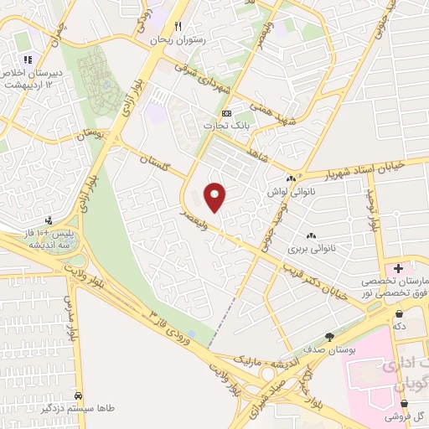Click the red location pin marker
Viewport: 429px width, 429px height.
point(216,197)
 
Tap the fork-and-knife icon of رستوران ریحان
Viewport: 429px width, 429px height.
point(177,27)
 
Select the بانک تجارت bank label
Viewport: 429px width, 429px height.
point(225,126)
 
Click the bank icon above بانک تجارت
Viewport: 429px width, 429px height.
point(225,113)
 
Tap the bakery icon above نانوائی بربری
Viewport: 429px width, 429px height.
point(311,236)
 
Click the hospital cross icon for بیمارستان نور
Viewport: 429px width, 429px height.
point(398,268)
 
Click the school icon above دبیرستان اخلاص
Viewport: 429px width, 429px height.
point(28,59)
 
